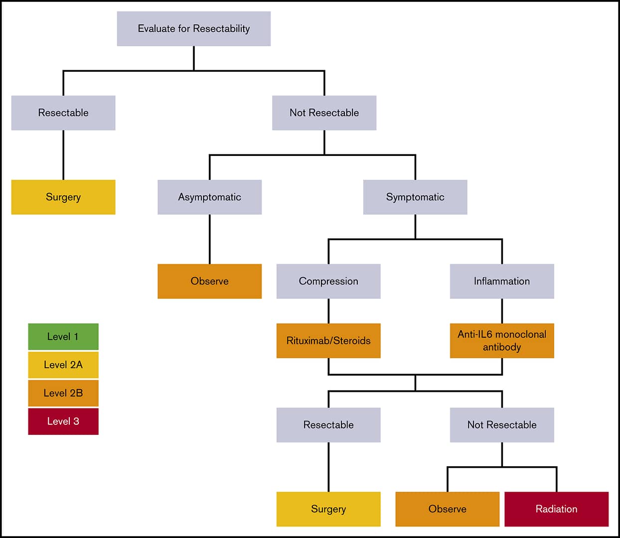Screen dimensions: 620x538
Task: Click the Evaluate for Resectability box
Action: click(194, 29)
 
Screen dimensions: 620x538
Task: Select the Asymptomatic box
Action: click(209, 197)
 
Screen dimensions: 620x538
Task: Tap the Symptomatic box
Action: click(415, 197)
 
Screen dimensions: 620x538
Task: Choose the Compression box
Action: click(328, 281)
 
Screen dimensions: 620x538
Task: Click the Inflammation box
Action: click(502, 281)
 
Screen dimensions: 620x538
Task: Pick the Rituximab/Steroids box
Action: click(328, 341)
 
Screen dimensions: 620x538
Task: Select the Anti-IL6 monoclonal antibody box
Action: click(502, 341)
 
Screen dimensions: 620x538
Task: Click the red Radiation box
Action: click(556, 509)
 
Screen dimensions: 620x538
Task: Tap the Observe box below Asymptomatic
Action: click(209, 281)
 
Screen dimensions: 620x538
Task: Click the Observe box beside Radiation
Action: click(447, 509)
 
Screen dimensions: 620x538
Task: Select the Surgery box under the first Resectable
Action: click(63, 197)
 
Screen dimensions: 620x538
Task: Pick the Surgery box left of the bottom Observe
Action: click(328, 509)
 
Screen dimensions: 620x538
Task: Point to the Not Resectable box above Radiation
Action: click(502, 425)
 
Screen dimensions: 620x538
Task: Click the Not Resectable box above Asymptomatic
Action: click(324, 113)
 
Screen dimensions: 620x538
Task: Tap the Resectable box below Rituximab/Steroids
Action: click(328, 425)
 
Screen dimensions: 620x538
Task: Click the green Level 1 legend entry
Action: click(63, 336)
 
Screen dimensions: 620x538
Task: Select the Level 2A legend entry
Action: click(63, 365)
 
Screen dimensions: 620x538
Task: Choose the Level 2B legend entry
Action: click(63, 393)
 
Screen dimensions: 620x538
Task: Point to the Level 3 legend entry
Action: click(63, 421)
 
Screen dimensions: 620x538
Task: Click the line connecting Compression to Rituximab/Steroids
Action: click(328, 311)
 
